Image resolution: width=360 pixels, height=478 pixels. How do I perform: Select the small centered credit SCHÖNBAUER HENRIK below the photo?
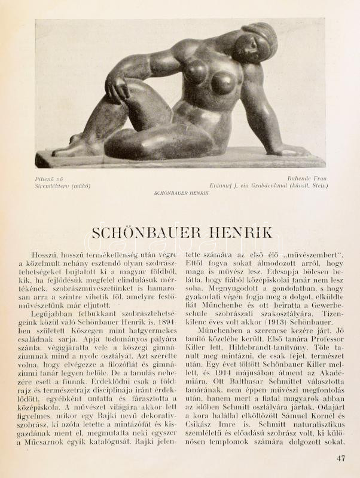point(181,194)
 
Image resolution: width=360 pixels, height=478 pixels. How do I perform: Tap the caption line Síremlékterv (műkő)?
point(62,186)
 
